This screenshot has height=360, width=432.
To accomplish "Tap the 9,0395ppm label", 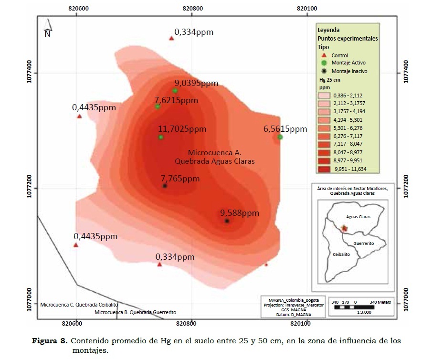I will [x=196, y=83].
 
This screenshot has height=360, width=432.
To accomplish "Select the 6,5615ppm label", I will [x=285, y=129].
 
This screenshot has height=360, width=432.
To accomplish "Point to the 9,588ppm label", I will [x=239, y=213].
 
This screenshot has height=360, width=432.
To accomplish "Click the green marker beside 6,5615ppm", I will [x=280, y=137].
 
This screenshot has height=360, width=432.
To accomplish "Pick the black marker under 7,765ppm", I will [x=165, y=186].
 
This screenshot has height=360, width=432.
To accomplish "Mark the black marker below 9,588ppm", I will [x=227, y=221].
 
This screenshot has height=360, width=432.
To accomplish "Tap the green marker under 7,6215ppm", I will [x=158, y=106].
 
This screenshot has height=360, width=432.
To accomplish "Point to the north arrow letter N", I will [x=47, y=33].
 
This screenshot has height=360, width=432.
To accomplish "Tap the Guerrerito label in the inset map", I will [x=364, y=244].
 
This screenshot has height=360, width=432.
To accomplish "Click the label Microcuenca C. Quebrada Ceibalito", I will [x=79, y=304].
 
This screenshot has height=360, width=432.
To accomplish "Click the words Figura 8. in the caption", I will [x=50, y=341].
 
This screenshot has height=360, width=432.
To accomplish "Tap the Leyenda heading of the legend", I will [x=328, y=30].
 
